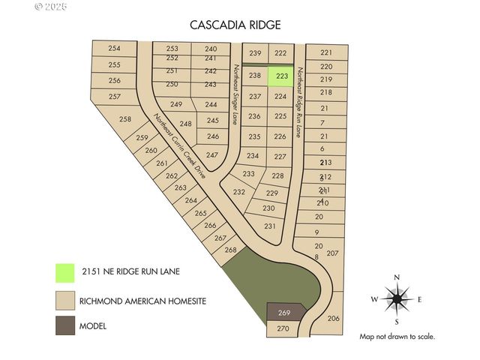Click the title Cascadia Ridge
point(235,25)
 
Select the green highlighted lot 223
point(282,76)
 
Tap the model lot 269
point(284,312)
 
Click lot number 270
point(283,328)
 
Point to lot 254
point(114,49)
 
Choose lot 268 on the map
point(230,250)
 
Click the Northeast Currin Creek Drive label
point(179,146)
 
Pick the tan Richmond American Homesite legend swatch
point(65,300)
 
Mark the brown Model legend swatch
point(65,325)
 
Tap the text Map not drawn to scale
point(397,337)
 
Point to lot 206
point(334,319)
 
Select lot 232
point(239,192)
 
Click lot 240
point(211,49)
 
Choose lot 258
point(125,119)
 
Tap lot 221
point(325,52)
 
